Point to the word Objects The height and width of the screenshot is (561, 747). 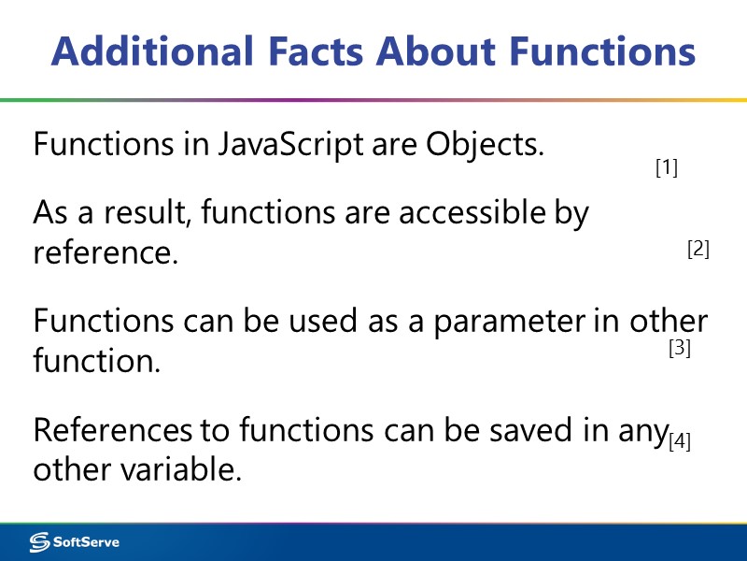coord(485,145)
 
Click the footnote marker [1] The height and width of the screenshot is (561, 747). coord(666,168)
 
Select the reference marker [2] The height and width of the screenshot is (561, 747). coord(698,250)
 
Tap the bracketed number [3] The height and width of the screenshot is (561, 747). coord(679,349)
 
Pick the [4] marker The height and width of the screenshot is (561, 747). coord(680,442)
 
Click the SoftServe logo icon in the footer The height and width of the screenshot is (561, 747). coord(40,541)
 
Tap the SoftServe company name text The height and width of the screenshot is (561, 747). coord(86,541)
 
